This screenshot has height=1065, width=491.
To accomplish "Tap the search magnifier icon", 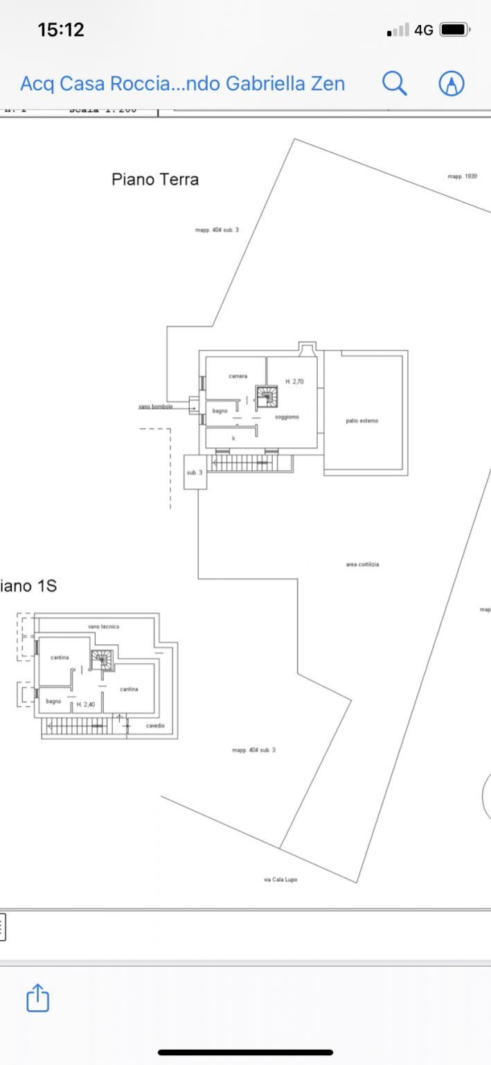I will click(394, 83).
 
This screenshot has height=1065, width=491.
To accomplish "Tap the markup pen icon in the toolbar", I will click(452, 83).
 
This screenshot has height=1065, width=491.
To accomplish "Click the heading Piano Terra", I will click(155, 180).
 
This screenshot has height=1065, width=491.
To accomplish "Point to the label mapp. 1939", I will click(462, 177).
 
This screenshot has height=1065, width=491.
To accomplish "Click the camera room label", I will click(238, 376).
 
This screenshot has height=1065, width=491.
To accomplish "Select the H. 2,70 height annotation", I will click(294, 381).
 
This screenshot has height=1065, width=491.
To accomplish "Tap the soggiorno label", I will click(287, 417).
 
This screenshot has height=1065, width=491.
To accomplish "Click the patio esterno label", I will click(362, 421).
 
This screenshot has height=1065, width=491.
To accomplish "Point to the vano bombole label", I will click(156, 406).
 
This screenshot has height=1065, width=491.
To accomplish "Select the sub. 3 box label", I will click(195, 472).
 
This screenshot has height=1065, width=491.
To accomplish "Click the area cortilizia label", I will click(362, 564).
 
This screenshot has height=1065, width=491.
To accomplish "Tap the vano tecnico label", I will click(103, 626).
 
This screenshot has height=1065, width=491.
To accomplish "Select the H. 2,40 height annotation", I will click(86, 704).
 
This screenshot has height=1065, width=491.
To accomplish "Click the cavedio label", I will click(155, 725).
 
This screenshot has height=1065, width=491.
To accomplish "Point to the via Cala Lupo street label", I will click(280, 879).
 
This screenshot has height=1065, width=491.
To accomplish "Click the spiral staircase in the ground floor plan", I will click(267, 397).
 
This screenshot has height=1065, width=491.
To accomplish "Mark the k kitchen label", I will click(233, 438).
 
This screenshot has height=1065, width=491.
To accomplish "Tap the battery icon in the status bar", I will click(454, 30).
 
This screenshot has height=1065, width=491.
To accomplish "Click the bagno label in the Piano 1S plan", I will click(54, 701).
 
